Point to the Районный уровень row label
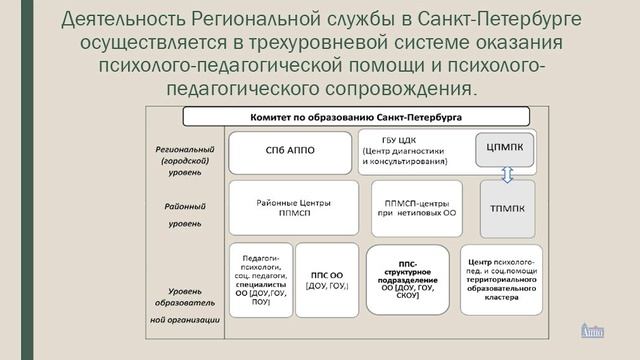[184, 215]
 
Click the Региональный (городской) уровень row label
[184, 159]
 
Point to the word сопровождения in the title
[397, 90]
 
